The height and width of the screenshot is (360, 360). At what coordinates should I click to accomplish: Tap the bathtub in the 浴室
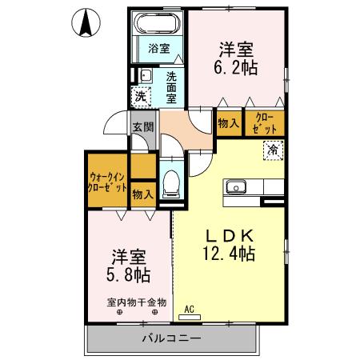pos(159,23)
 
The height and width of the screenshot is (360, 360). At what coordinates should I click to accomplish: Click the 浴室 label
pos(159,48)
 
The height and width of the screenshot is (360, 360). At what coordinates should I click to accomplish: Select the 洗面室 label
pos(171,87)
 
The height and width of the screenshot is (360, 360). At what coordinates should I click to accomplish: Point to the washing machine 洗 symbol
pos(141,97)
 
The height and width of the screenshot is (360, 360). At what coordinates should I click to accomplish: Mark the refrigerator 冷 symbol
pos(273,150)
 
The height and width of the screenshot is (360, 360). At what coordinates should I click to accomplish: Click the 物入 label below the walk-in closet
pos(142,194)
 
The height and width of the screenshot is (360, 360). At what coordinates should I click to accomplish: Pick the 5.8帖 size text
pos(127,276)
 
